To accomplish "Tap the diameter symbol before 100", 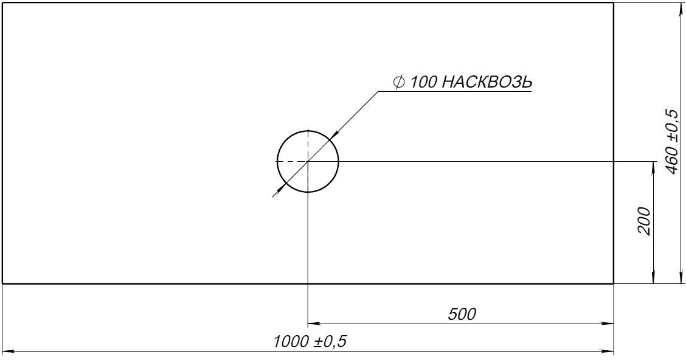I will [x=399, y=83].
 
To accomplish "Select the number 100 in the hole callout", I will [x=423, y=82].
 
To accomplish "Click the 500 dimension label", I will [x=462, y=314].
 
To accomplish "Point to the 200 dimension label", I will [x=645, y=222].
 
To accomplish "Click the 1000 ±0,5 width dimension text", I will [x=310, y=342].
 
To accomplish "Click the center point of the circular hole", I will [x=308, y=161].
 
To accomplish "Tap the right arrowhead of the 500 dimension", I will [x=609, y=324].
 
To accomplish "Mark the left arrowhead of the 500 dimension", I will [x=313, y=324].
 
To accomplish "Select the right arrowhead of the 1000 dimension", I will [x=609, y=351].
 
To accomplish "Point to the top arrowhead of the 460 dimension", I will [x=679, y=7].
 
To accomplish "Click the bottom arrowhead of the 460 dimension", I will [x=679, y=279].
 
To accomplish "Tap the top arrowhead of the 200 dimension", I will [x=653, y=166].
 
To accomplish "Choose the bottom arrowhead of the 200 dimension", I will [x=653, y=279].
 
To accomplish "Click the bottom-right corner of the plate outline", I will [x=613, y=283].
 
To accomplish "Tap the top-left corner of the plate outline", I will [x=3, y=3].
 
